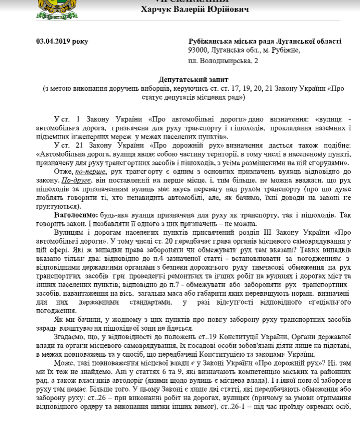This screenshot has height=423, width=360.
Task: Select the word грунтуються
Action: pos(58,206)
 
